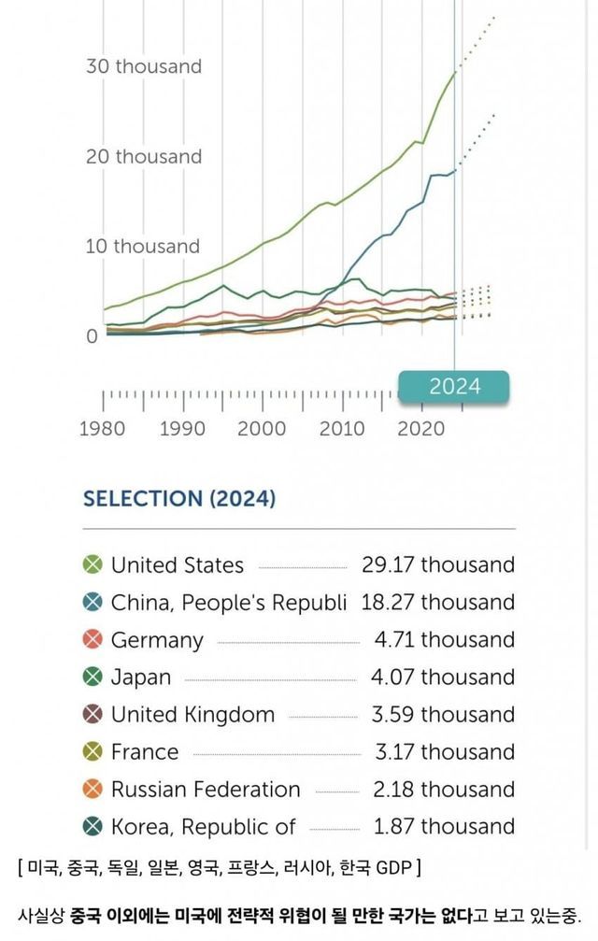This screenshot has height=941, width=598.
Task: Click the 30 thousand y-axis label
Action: [x=144, y=66]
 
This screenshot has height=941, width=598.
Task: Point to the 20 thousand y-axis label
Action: [x=144, y=156]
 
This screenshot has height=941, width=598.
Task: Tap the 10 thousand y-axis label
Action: [x=143, y=247]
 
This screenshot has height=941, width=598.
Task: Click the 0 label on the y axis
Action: [x=93, y=336]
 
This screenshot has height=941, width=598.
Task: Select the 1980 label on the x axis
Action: [x=103, y=429]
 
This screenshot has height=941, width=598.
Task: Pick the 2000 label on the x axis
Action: [x=262, y=429]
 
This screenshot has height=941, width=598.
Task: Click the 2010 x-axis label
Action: [x=342, y=429]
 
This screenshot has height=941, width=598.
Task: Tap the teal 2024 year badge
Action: [x=454, y=386]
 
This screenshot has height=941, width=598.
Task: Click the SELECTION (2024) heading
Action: [x=179, y=498]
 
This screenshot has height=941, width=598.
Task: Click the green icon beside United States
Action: [x=93, y=564]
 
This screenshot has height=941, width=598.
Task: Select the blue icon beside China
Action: [x=93, y=602]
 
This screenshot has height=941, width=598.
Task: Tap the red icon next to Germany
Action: [x=93, y=639]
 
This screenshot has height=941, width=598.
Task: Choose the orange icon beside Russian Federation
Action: [x=93, y=789]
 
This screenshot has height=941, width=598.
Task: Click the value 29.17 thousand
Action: [x=438, y=564]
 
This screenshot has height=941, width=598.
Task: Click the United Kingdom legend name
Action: [x=192, y=715]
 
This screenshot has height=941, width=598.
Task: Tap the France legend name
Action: [x=144, y=751]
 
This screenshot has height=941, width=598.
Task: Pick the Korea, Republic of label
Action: [x=203, y=827]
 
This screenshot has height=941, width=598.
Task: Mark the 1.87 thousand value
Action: [x=443, y=827]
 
